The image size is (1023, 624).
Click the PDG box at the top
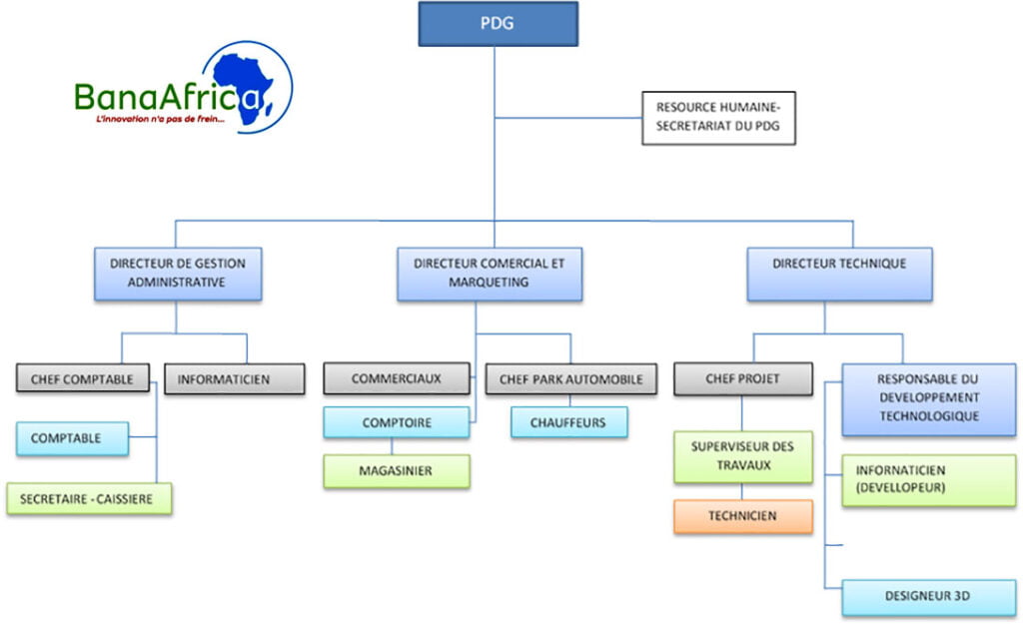[x=497, y=24]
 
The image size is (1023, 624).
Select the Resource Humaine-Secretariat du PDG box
[x=718, y=118]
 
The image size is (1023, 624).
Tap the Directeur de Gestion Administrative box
[x=178, y=274]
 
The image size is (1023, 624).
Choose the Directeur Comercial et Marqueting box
[x=489, y=274]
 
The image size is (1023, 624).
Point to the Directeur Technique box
[x=839, y=274]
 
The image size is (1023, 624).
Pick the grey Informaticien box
[x=235, y=379]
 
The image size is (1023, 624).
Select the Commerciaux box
[x=397, y=379]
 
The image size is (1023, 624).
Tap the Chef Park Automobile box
[x=570, y=379]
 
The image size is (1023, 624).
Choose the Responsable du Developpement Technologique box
[x=928, y=398]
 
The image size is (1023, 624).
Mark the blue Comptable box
[x=72, y=438]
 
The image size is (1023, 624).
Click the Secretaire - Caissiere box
[x=89, y=498]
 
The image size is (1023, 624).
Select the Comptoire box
[x=397, y=422]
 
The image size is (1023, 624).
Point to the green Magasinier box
[x=397, y=471]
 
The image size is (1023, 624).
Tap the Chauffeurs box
[x=570, y=422]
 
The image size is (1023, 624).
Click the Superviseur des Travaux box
[x=742, y=456]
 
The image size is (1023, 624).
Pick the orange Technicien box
[x=742, y=516]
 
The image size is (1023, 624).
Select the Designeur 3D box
[x=928, y=596]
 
